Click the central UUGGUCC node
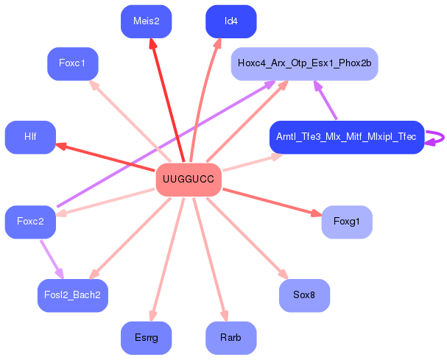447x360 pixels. coord(189,180)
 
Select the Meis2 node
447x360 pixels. coord(146,21)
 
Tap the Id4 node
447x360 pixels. coord(230,21)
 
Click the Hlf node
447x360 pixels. coord(30,137)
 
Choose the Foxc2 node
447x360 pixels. coord(30,222)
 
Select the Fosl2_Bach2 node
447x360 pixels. coord(72,295)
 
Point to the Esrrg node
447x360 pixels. coord(146,338)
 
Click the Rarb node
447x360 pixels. coord(230,338)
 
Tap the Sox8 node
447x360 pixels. coord(304,295)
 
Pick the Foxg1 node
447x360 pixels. coord(346,222)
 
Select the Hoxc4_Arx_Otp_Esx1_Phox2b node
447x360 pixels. coord(304,63)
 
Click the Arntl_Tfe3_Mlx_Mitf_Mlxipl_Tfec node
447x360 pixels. coord(346,137)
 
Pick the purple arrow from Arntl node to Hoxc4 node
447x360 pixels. coord(325,100)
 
